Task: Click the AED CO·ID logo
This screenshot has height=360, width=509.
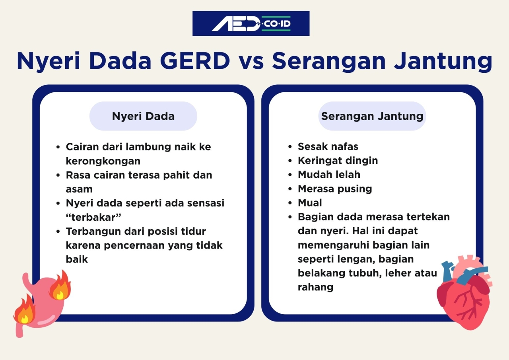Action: (251, 23)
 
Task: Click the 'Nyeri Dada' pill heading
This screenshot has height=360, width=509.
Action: (143, 116)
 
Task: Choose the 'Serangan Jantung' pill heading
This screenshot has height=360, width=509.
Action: (372, 116)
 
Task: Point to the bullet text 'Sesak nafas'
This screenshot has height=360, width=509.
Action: (328, 147)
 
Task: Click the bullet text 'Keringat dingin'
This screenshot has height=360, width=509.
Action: (338, 161)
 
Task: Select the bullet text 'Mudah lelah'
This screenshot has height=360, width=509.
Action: (329, 175)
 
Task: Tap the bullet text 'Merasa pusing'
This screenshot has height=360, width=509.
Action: (335, 189)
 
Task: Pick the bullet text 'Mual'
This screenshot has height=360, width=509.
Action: (310, 203)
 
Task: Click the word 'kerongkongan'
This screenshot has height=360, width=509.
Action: (103, 161)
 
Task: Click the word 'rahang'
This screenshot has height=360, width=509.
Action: (315, 287)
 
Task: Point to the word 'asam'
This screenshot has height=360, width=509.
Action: (79, 189)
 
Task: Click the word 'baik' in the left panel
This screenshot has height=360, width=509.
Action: (77, 259)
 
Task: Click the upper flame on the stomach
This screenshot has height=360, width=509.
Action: (60, 285)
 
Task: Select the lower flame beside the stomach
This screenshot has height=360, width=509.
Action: (24, 310)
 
